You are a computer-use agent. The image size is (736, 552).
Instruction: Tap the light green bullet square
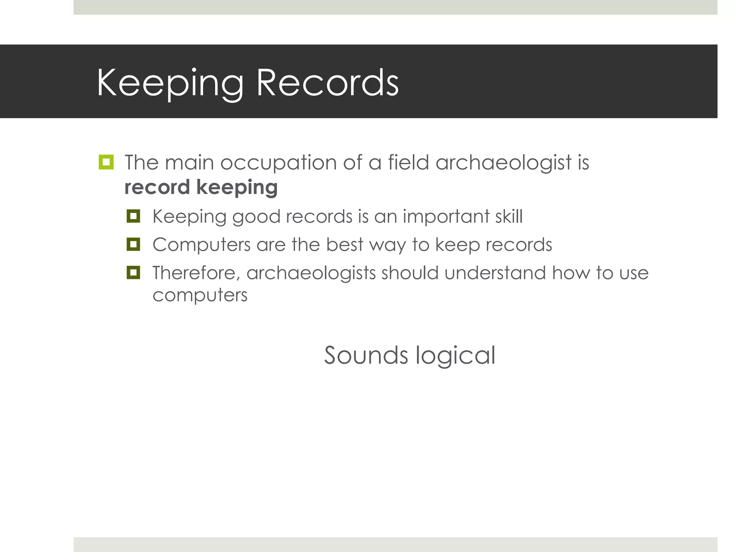106,162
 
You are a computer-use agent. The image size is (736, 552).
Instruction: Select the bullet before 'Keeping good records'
133,216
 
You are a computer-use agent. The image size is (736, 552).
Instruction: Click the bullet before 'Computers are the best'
133,245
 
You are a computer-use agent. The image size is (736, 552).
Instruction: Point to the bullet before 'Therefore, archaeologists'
133,273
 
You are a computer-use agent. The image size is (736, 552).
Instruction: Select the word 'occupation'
279,163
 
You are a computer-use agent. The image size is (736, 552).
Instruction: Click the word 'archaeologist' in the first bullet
503,163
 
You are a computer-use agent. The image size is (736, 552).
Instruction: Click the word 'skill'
509,216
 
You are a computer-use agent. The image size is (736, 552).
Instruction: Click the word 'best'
344,245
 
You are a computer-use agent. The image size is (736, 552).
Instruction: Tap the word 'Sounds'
366,355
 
